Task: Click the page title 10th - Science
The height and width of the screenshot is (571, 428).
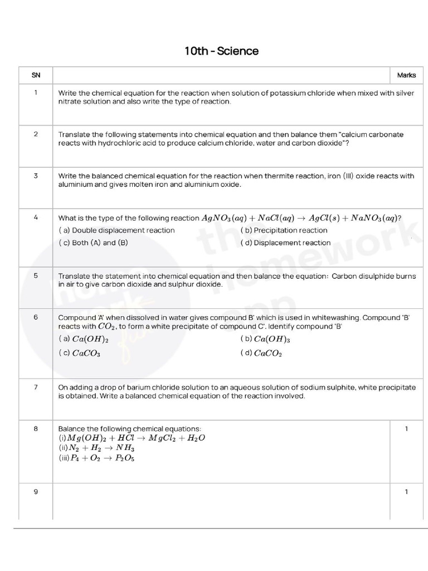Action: pos(221,51)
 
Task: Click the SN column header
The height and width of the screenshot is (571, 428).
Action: pos(36,75)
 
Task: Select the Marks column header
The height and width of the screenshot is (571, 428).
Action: pos(406,75)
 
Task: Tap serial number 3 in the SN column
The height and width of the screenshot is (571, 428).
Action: pos(36,176)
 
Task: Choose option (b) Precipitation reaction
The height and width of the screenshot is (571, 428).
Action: pos(284,230)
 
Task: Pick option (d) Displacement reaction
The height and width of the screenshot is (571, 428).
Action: pos(285,243)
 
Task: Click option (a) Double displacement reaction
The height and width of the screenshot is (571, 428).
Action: pos(116,230)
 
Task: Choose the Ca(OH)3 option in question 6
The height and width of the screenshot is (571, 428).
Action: pos(266,339)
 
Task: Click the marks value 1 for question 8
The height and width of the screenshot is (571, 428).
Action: pos(406,429)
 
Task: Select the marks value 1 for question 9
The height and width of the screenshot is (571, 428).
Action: pos(406,492)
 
